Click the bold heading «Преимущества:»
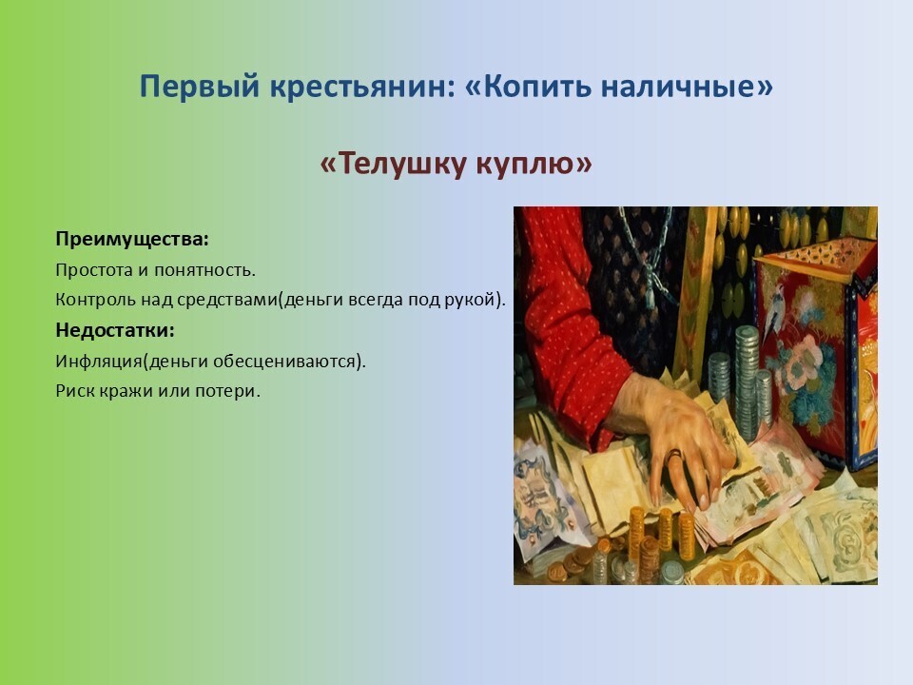132,240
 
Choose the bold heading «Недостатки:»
115,330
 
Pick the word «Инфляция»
99,362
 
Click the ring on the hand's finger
674,456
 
